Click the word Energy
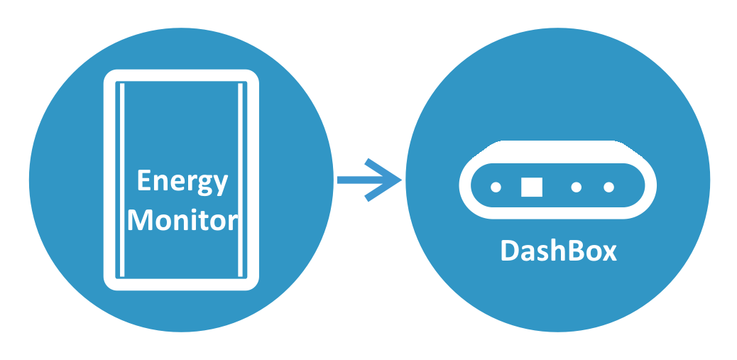(x=182, y=182)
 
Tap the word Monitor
(x=182, y=220)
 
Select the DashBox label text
(x=558, y=251)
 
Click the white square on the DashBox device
(x=531, y=187)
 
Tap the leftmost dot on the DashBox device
(x=496, y=187)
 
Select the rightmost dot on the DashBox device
(x=608, y=187)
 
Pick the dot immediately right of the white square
(x=577, y=187)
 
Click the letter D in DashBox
(x=510, y=251)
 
